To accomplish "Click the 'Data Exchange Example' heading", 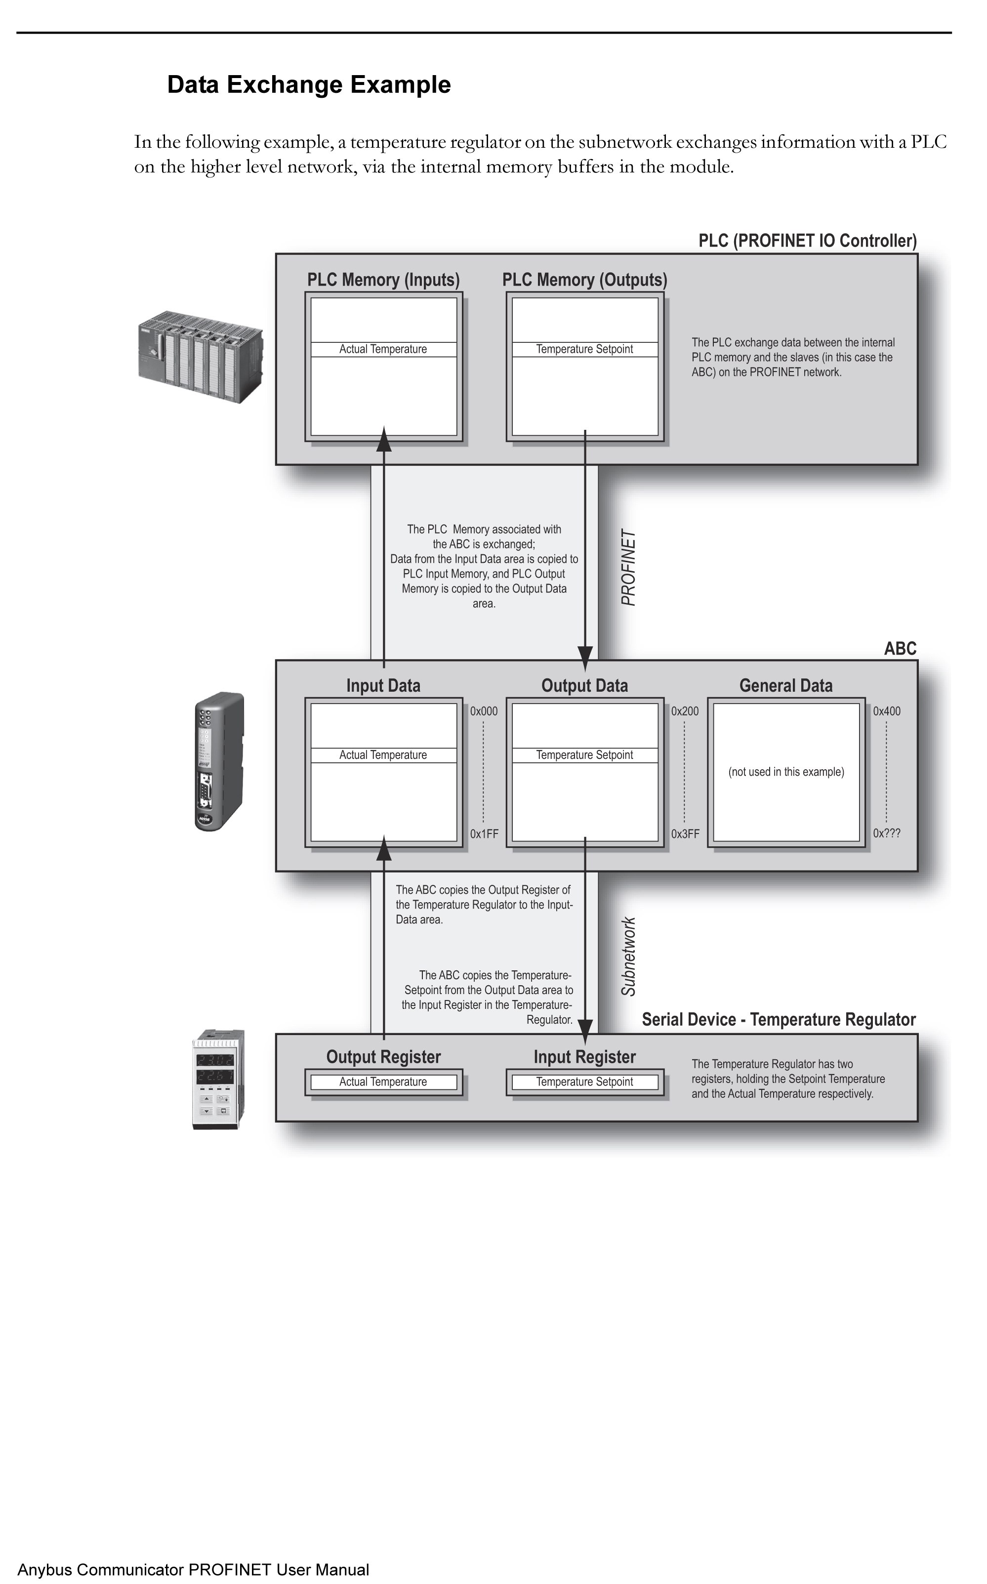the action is coord(309,85).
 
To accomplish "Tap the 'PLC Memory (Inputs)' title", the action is coord(383,280).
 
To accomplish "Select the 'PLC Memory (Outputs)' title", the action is coord(585,280).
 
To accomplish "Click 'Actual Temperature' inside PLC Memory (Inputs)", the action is coord(383,349).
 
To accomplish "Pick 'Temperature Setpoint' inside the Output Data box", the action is coord(585,755).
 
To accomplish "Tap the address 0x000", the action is coord(484,711).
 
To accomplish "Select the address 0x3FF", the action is coord(686,834).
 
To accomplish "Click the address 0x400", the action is coord(887,711).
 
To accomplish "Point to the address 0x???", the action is coord(887,834).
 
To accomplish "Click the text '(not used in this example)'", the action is coord(786,772).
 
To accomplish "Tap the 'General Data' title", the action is coord(786,686).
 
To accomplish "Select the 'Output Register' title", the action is coord(383,1057).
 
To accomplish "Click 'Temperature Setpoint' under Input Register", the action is coord(585,1082).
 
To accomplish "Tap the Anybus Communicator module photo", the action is coord(220,761).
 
